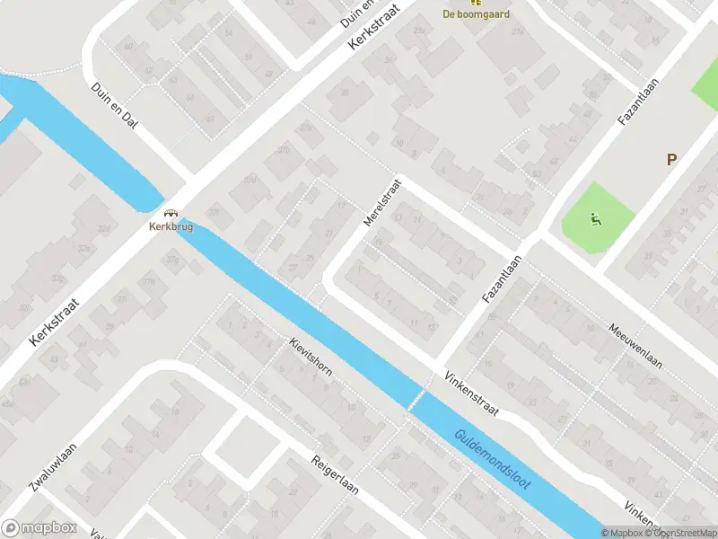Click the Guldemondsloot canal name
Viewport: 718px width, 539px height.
(x=493, y=457)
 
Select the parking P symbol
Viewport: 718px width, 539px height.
(x=670, y=160)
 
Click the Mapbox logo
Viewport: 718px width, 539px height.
(x=39, y=528)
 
